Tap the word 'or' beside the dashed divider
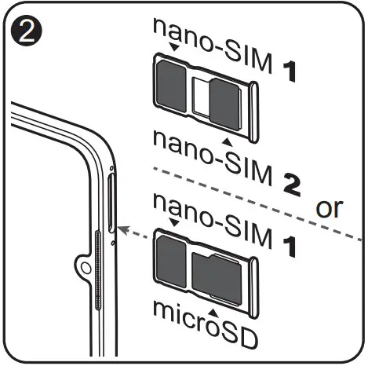click(329, 208)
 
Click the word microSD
click(205, 324)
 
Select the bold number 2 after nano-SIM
click(292, 185)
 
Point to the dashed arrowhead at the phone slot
click(123, 229)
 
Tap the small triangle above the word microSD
click(213, 313)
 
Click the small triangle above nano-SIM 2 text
click(227, 141)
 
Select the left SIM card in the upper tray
click(171, 85)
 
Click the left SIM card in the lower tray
click(171, 260)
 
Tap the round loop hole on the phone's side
click(86, 268)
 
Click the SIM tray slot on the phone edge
click(111, 203)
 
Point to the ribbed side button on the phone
click(98, 270)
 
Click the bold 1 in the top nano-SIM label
click(290, 71)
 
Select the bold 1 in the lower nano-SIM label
click(290, 247)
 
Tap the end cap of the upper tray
click(253, 112)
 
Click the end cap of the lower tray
click(253, 288)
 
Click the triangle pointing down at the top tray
click(174, 47)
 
